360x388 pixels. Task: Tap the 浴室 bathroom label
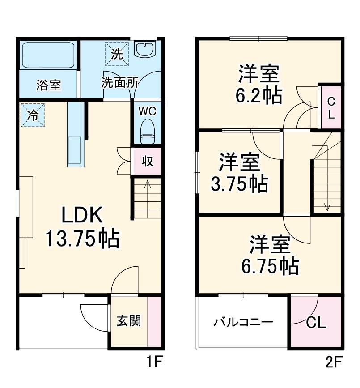click(49, 85)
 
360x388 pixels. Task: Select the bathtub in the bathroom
click(49, 55)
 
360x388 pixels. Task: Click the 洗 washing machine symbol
click(116, 54)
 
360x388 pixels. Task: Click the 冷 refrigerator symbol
click(33, 115)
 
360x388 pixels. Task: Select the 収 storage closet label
click(147, 161)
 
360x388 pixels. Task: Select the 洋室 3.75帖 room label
click(239, 173)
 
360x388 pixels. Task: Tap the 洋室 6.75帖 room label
click(270, 255)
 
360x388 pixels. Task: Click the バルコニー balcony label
click(243, 322)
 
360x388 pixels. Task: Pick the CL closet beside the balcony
click(316, 322)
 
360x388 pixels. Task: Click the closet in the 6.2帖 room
click(331, 107)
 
